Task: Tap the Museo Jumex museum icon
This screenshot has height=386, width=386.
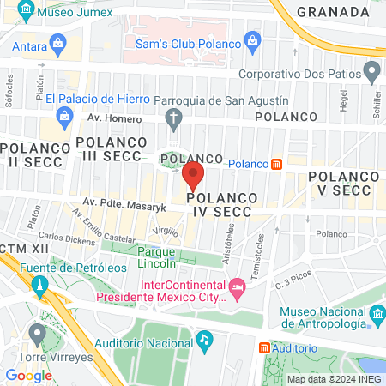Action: [x=25, y=13]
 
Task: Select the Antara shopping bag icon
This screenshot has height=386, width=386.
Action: [x=57, y=42]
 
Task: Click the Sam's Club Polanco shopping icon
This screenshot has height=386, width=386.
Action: [x=252, y=39]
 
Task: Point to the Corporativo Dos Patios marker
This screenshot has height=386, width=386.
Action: [x=371, y=69]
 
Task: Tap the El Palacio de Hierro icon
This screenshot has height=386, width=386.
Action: [x=63, y=115]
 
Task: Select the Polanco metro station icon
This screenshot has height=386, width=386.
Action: [x=277, y=164]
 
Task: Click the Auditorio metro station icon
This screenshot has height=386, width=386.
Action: [x=265, y=347]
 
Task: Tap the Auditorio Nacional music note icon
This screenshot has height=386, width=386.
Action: [x=203, y=340]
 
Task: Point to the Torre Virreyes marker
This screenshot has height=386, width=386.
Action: [x=36, y=333]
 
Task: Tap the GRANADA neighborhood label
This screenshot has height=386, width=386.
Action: [x=331, y=11]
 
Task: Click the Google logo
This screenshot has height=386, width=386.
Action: [x=28, y=375]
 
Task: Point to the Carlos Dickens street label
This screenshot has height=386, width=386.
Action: [x=65, y=238]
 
